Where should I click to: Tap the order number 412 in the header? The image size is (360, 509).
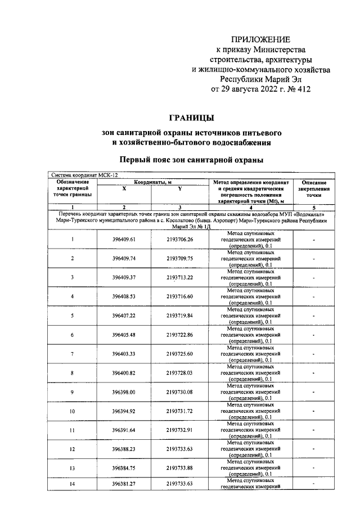click(301, 89)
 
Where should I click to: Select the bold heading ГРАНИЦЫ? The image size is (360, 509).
click(191, 118)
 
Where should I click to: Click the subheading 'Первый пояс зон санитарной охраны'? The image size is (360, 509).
click(191, 160)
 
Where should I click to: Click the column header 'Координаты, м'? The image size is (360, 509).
click(152, 182)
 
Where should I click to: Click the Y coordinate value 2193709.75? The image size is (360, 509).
click(179, 258)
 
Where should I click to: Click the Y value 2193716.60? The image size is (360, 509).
click(179, 296)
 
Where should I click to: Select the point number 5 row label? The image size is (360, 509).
click(73, 315)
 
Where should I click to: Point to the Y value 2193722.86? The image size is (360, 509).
click(179, 335)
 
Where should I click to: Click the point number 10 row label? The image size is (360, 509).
click(73, 411)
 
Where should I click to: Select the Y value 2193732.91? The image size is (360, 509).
click(179, 430)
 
